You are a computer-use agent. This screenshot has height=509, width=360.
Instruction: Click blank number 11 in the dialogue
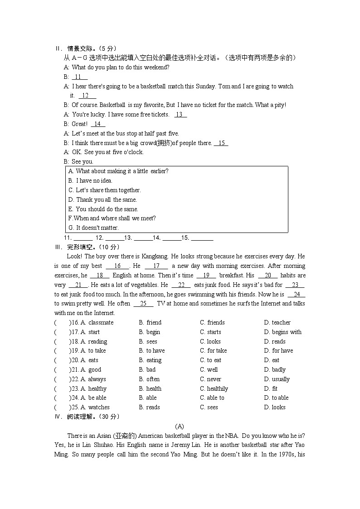[x=79, y=77]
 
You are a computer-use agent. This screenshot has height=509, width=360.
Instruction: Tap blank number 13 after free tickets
[x=180, y=115]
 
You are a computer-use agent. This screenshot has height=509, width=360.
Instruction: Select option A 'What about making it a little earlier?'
[x=118, y=171]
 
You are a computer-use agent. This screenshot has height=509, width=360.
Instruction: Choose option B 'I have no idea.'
[x=90, y=181]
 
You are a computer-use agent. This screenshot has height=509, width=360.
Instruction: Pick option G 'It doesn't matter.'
[x=93, y=228]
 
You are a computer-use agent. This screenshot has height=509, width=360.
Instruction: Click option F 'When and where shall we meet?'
[x=112, y=218]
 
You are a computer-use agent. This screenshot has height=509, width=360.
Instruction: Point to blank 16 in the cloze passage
[x=117, y=266]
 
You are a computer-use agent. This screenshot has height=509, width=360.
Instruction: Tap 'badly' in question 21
[x=278, y=370]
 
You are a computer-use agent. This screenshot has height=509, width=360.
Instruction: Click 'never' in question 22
[x=214, y=379]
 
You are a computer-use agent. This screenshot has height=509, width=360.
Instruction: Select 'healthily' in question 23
[x=217, y=389]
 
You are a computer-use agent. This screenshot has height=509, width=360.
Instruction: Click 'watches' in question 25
[x=98, y=407]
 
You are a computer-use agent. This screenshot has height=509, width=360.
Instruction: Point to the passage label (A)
[x=180, y=426]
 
